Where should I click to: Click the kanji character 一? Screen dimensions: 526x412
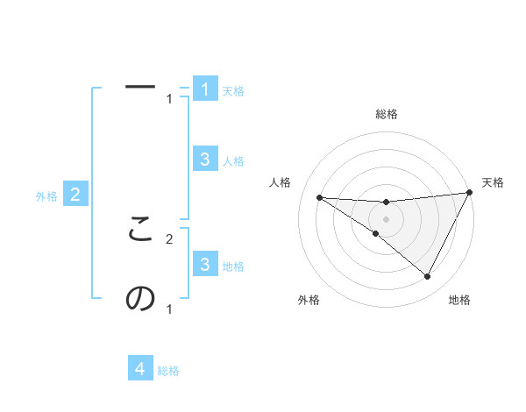(x=140, y=87)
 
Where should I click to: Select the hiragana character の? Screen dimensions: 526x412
(x=140, y=298)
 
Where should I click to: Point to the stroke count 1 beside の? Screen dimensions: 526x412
(x=169, y=309)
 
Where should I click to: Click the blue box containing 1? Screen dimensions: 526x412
(x=204, y=89)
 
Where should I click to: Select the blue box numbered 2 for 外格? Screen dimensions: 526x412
(x=75, y=195)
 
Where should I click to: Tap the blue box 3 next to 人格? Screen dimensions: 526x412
(x=204, y=159)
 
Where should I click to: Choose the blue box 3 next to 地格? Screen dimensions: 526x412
(x=204, y=264)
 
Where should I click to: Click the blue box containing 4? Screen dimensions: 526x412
(x=140, y=368)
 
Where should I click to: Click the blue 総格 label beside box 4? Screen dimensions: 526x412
(x=168, y=371)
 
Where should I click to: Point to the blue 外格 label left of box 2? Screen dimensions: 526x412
(x=46, y=196)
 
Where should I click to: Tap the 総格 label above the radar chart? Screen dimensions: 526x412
(x=387, y=114)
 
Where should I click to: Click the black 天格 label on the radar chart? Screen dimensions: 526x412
(x=493, y=182)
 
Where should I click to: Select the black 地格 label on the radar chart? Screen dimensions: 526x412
(x=459, y=300)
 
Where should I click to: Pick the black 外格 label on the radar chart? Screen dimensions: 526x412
(x=309, y=300)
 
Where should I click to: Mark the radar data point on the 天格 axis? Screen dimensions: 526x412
(x=469, y=193)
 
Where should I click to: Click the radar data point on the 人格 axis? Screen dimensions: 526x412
(x=319, y=197)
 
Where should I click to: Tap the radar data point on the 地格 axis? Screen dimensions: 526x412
(x=428, y=277)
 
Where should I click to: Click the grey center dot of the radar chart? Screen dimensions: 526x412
(x=387, y=218)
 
